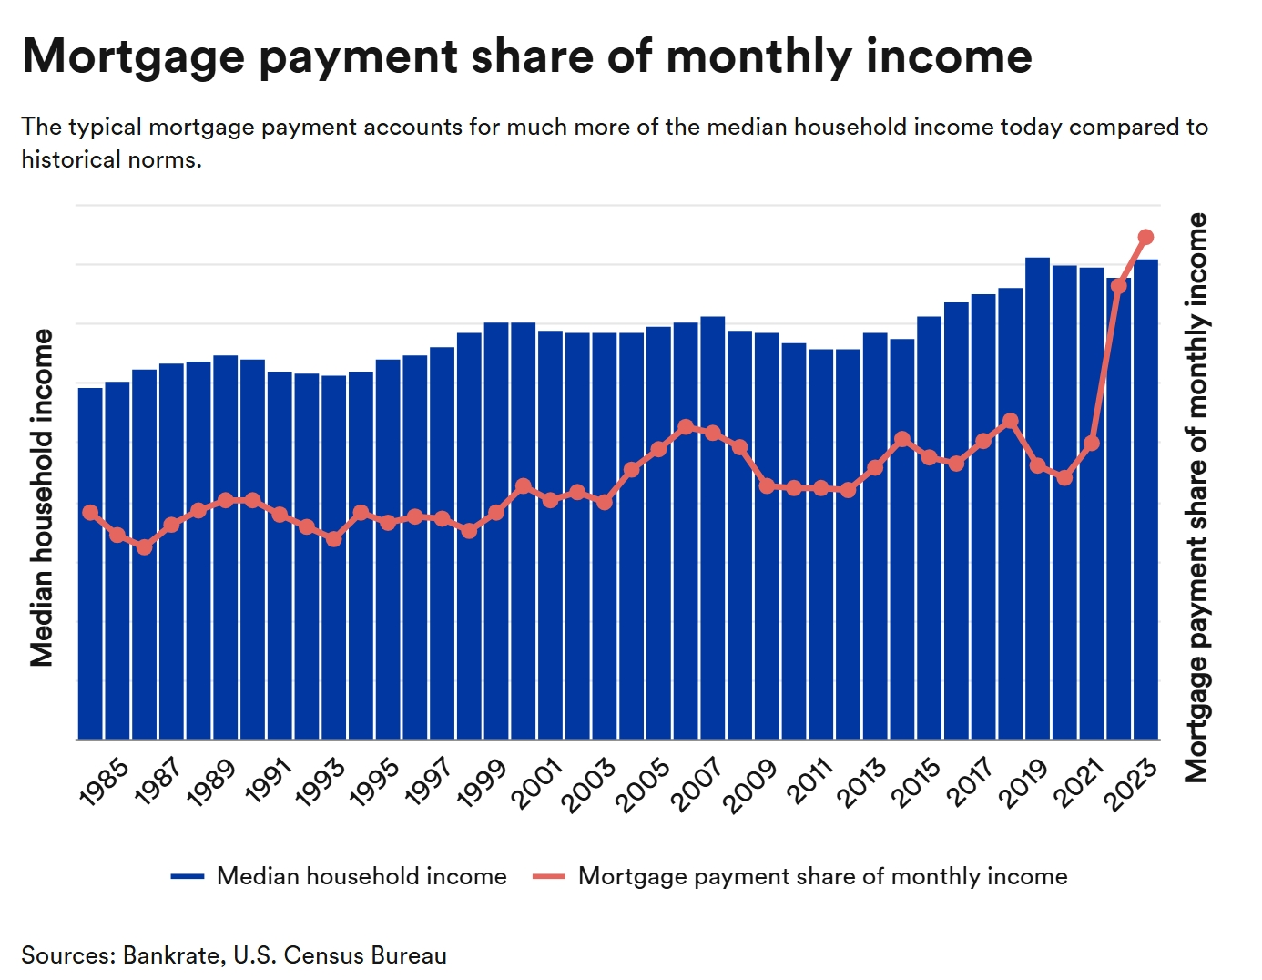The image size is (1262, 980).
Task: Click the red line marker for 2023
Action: pyautogui.click(x=1146, y=237)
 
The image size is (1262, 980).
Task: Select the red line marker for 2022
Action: pyautogui.click(x=1119, y=286)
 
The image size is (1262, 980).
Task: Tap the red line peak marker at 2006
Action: pyautogui.click(x=686, y=426)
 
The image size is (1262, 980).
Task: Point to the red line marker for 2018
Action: pyautogui.click(x=1010, y=421)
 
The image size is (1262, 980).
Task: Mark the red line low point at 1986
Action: pyautogui.click(x=144, y=546)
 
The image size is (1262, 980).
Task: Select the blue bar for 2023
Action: pyautogui.click(x=1146, y=501)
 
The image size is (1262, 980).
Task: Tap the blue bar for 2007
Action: pyautogui.click(x=713, y=546)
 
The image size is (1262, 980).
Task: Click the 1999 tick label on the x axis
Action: pyautogui.click(x=482, y=784)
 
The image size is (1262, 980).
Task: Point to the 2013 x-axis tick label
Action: pyautogui.click(x=861, y=784)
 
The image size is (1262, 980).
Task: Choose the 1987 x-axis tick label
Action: pyautogui.click(x=157, y=784)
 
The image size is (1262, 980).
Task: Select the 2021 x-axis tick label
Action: pyautogui.click(x=1078, y=784)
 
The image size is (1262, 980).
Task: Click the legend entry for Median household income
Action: pyautogui.click(x=361, y=876)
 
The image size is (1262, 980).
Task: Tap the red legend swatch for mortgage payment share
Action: pyautogui.click(x=549, y=876)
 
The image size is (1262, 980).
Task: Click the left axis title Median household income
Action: pyautogui.click(x=42, y=498)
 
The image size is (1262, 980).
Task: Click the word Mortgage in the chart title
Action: pyautogui.click(x=134, y=56)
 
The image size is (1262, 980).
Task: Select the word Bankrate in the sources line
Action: pyautogui.click(x=171, y=955)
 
